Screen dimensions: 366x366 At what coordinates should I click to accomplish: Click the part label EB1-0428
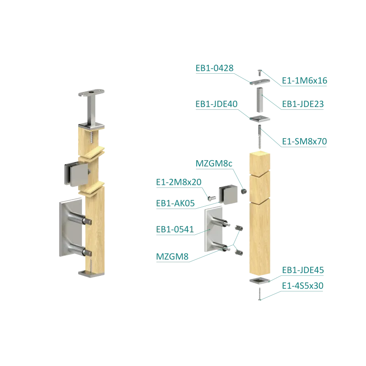coord(214,68)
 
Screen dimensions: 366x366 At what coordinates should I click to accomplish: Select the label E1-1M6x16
coord(304,81)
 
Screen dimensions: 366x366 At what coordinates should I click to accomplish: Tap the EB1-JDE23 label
coord(303,104)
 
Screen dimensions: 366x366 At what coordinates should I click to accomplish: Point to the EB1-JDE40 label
coord(216,104)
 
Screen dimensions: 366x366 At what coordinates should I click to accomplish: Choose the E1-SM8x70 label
coord(304,141)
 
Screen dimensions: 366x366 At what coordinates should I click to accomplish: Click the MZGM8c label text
coord(214,164)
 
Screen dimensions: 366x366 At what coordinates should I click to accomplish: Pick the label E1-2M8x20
coord(178,182)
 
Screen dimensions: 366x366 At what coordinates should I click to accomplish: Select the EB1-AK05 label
coord(175,203)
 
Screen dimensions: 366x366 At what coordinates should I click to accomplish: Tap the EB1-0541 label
coord(175,230)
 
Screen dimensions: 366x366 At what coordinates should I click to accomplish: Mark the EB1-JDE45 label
coord(303,270)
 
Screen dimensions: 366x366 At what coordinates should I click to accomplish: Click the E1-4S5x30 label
coord(302,285)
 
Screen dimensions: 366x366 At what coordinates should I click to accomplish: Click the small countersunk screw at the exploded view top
coord(259,73)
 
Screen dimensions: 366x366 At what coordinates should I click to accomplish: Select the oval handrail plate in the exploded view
coord(259,82)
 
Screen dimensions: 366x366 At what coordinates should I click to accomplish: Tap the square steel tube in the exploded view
coord(260,100)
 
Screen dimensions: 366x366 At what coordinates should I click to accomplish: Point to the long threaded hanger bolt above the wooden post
coord(259,137)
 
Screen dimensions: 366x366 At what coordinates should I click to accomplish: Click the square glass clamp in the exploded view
coord(228,194)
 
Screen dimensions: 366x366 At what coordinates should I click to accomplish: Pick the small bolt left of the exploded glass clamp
coord(211,199)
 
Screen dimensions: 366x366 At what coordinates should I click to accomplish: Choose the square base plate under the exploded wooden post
coord(259,280)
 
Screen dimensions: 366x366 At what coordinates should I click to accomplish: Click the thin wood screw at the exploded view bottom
coord(259,294)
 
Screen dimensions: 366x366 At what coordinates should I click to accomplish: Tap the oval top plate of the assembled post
coord(91,93)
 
